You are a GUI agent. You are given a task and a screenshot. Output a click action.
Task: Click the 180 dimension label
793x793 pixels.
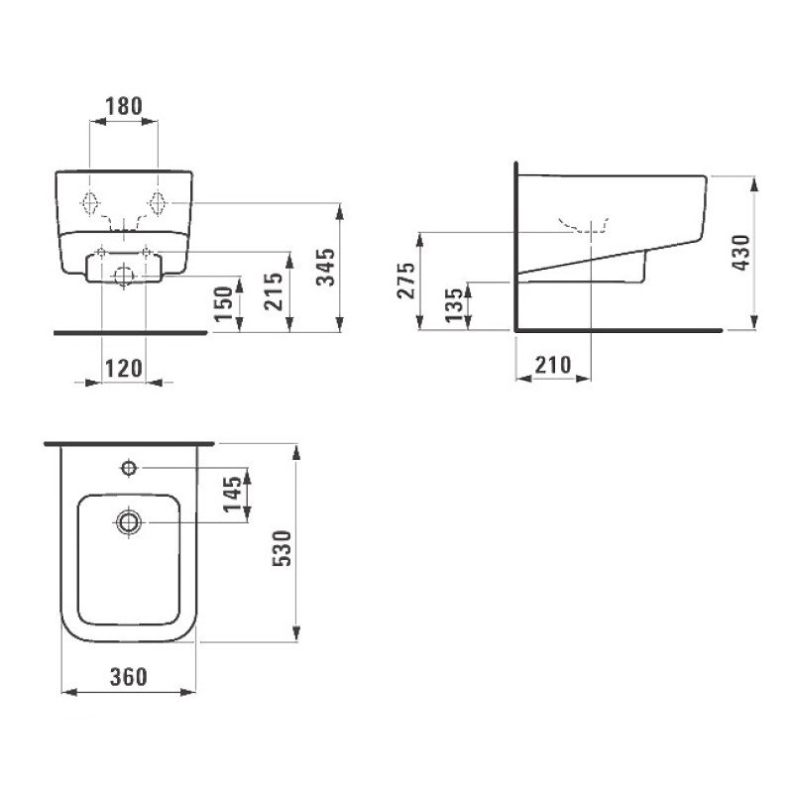124,104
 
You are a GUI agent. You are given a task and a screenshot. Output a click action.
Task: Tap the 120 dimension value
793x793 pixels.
124,369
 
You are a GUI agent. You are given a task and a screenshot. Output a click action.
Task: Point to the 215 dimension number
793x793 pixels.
275,290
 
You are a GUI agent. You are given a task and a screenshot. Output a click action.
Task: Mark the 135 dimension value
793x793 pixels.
451,305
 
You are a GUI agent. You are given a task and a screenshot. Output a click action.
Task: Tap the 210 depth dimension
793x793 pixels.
552,365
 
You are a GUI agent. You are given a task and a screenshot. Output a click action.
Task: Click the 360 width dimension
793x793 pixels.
128,677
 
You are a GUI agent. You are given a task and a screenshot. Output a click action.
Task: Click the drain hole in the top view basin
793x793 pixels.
129,521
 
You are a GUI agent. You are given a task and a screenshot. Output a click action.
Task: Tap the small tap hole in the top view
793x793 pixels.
129,467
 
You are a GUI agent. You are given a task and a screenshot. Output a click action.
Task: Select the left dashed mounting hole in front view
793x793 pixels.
91,202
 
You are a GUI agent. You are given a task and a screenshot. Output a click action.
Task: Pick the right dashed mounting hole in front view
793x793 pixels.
156,201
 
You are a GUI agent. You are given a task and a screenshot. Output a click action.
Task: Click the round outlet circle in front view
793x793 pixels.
123,276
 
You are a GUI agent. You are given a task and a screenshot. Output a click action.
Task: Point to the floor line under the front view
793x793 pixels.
129,333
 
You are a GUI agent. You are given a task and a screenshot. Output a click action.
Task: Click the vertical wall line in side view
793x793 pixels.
516,248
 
